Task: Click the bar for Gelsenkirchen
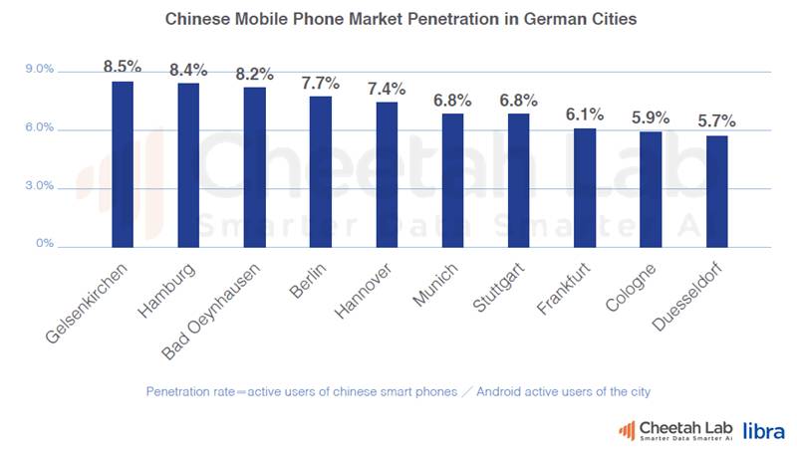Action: click(122, 164)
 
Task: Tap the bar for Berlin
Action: click(320, 171)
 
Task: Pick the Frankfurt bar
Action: click(585, 187)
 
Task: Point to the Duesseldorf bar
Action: click(716, 191)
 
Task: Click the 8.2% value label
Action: click(254, 74)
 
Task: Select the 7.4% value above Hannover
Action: click(386, 89)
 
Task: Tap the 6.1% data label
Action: click(585, 114)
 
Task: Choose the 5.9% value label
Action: click(651, 118)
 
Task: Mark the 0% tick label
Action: click(45, 245)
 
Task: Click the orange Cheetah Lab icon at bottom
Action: click(627, 430)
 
